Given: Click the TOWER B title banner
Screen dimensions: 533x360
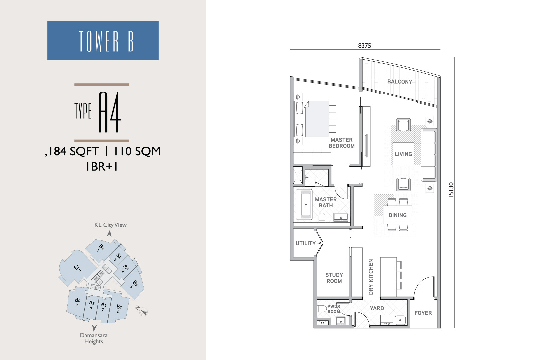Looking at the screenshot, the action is [103, 40].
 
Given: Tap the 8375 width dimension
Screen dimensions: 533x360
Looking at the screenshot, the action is [364, 45].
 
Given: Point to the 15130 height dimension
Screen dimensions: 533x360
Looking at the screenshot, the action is [451, 190].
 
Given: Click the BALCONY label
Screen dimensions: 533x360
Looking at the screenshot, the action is [400, 82].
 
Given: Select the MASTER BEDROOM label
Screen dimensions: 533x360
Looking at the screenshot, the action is [342, 143].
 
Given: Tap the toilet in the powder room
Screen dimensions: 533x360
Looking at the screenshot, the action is [322, 309].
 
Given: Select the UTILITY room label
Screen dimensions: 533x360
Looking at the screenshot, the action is [306, 243].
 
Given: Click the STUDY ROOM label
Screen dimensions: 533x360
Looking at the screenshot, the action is [334, 278].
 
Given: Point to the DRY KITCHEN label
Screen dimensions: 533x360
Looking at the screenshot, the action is [371, 277].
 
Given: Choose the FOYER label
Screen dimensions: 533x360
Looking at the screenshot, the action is [423, 313].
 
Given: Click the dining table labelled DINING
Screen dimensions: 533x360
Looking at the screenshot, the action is [398, 215].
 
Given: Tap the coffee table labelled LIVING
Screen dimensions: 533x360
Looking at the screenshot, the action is [403, 155].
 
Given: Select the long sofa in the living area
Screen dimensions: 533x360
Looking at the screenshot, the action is [429, 155].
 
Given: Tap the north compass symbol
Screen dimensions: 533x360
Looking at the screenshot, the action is [143, 311].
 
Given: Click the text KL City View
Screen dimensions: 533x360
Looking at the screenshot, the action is [110, 225].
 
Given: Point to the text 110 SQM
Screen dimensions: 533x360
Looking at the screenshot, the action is [137, 151].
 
